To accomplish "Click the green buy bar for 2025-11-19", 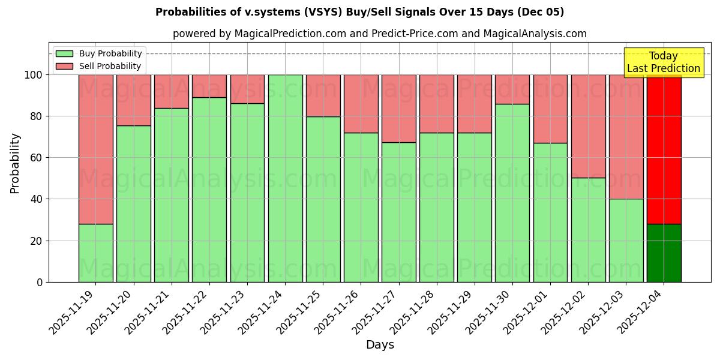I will [x=95, y=253].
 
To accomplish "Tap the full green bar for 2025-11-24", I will [x=285, y=178].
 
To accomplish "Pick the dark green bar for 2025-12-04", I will [x=664, y=253].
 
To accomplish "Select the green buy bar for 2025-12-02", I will [x=588, y=230].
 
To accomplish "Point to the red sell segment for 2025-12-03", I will [x=626, y=137].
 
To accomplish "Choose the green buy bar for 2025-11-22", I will [x=209, y=190].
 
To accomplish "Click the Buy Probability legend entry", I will [x=99, y=53].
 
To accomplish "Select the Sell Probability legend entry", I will [x=98, y=66].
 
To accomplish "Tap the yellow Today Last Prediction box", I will [x=664, y=62].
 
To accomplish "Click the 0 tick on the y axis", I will [x=40, y=282].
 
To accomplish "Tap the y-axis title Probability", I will [x=15, y=163].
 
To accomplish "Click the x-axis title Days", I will [x=380, y=345].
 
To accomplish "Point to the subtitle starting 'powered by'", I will [x=380, y=34].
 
